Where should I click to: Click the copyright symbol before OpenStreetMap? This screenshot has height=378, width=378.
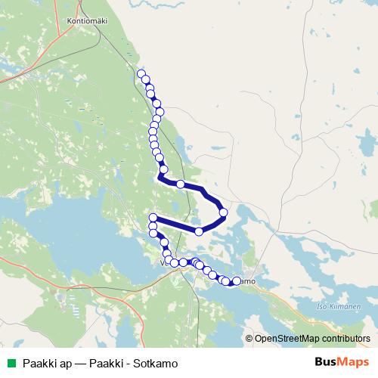(x=249, y=338)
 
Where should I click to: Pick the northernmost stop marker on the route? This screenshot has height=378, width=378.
(x=141, y=73)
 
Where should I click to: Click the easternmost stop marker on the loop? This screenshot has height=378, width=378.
(x=223, y=212)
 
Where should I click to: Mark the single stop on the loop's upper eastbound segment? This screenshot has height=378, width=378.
(x=181, y=184)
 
